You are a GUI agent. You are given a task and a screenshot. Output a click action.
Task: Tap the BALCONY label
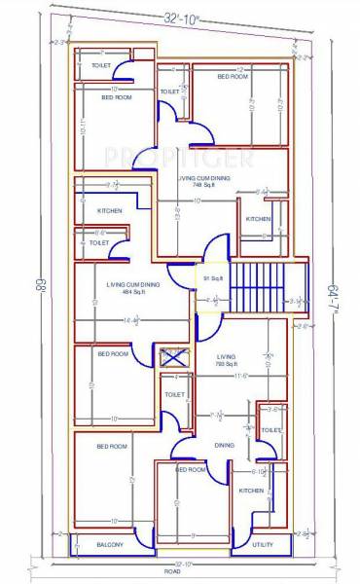click(x=109, y=545)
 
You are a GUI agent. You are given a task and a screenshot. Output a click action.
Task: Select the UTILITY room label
click(x=263, y=545)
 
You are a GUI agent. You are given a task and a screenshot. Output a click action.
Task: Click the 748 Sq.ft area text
click(x=203, y=185)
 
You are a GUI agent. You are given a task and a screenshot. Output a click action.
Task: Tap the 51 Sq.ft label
click(x=208, y=278)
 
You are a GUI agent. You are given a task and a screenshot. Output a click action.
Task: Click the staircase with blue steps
click(x=256, y=288)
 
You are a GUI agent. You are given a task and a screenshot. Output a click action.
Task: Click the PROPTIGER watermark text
click(x=180, y=156)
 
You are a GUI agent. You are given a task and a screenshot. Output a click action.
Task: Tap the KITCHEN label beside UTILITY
click(x=250, y=491)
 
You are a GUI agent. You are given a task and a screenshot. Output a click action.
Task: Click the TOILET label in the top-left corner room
click(x=101, y=65)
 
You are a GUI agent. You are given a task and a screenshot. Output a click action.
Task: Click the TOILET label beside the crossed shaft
click(x=175, y=394)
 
